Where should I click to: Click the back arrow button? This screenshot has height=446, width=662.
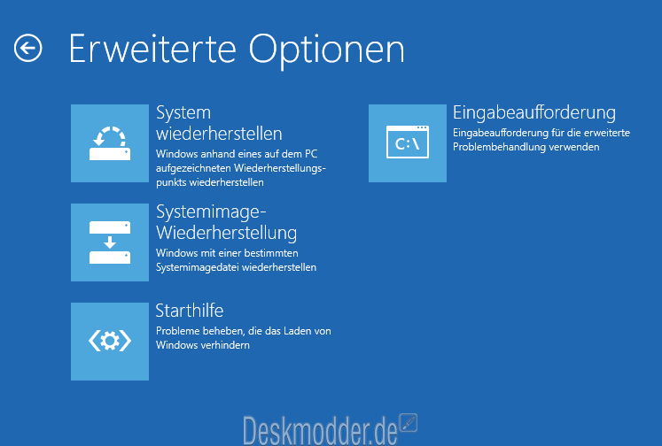tap(27, 49)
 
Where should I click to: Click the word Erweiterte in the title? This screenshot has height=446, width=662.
tap(152, 50)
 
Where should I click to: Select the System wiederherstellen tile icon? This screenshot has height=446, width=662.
tap(110, 143)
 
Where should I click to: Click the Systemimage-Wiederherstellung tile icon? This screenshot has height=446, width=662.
tap(110, 242)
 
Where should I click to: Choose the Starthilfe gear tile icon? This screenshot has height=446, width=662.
tap(110, 342)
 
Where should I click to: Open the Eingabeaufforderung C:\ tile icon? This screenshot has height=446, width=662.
tap(408, 143)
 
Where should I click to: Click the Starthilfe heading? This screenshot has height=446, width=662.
tap(190, 311)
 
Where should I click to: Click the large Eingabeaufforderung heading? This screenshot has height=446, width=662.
tap(534, 113)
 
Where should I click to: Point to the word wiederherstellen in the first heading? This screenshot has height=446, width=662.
tap(219, 134)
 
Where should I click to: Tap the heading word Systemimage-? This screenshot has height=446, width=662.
tap(211, 212)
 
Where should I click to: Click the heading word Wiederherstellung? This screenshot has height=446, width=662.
tap(227, 233)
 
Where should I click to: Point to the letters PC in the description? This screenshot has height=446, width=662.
tap(311, 154)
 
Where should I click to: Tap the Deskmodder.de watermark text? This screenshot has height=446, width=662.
tap(321, 431)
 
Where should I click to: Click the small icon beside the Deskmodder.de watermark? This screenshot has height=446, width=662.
tap(409, 423)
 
